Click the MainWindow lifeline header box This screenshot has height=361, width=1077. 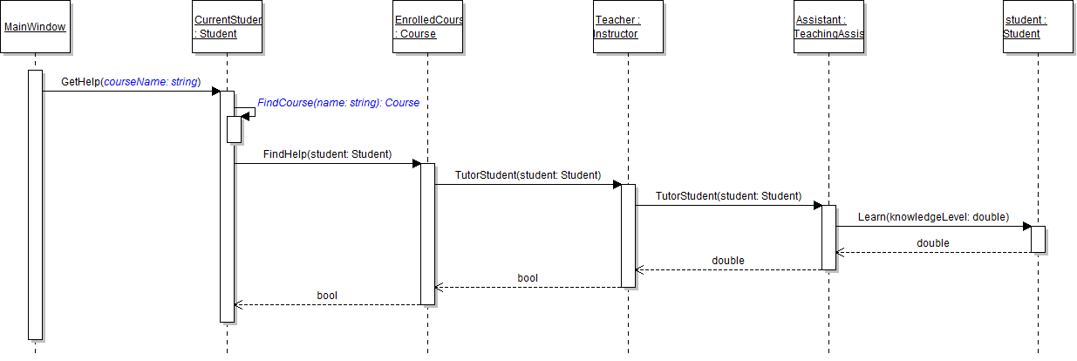35,27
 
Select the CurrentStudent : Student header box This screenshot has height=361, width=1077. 227,27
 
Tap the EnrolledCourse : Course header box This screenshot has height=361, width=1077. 427,27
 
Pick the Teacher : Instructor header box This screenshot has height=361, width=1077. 627,27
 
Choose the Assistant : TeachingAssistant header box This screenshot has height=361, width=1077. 828,27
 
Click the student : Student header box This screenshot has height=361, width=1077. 1038,27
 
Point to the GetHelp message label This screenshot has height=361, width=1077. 131,82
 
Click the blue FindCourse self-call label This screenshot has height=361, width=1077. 338,103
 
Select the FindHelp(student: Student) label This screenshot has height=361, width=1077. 327,154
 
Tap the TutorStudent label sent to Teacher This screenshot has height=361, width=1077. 528,175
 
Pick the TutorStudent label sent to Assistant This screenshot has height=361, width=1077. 728,196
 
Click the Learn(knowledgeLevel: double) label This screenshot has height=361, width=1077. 933,216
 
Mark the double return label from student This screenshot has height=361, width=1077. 932,242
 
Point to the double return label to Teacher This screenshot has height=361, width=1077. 727,260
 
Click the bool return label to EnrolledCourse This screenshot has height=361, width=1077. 528,277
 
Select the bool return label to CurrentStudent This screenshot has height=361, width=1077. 327,296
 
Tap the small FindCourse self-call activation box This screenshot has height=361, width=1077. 234,129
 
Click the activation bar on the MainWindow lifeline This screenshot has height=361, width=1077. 35,204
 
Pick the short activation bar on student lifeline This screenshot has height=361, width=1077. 1038,239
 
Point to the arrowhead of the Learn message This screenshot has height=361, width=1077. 1027,227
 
